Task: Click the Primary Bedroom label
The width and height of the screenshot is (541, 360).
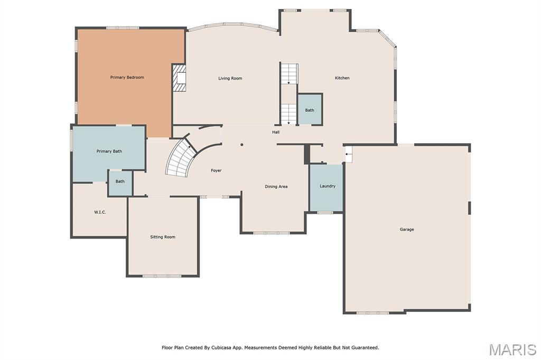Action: pos(127,77)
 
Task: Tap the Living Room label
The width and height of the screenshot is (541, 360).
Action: pos(230,78)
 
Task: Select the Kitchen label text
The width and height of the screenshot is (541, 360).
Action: pos(342,78)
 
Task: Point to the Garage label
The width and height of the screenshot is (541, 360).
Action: pos(407,229)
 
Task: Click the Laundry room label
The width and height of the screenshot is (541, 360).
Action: pos(328,186)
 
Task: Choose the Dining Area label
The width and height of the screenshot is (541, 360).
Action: pos(276,186)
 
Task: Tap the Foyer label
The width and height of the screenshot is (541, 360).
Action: pos(216,170)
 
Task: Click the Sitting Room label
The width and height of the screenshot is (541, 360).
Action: pos(163,237)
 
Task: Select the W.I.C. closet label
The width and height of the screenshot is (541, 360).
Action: pos(100,212)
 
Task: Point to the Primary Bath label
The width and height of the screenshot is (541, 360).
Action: pos(109,151)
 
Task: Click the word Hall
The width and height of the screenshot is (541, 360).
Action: pos(276,132)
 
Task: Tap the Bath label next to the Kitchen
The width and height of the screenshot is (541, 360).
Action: pos(310,110)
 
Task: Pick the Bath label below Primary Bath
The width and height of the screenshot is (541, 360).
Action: pos(120,182)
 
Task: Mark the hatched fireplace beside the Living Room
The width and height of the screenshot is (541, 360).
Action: pos(180,78)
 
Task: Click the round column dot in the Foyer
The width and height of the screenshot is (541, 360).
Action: pos(242,145)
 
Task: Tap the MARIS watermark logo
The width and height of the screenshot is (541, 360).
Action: pos(512,349)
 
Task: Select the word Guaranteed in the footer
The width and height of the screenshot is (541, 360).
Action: pos(365,347)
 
